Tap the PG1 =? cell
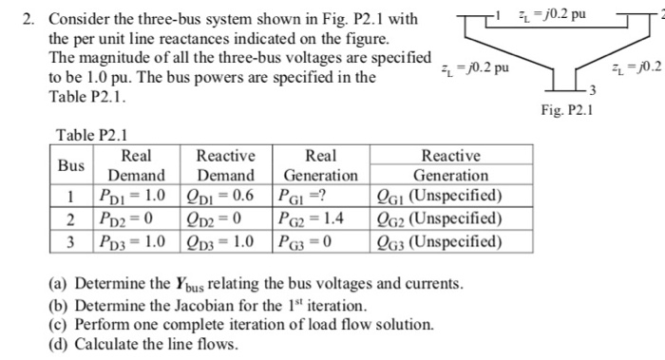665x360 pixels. click(x=304, y=197)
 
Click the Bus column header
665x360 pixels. click(x=71, y=165)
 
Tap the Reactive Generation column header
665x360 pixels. click(x=450, y=165)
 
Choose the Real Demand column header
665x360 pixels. click(x=137, y=165)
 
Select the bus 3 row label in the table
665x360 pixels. click(x=71, y=240)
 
